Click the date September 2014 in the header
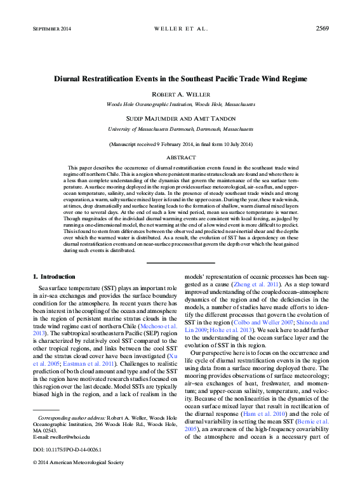coord(51,29)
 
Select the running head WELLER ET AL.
coord(180,29)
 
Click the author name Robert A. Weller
coord(180,94)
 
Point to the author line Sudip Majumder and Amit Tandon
coord(180,118)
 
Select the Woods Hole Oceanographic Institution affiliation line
coord(180,103)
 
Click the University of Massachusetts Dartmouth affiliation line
coord(180,128)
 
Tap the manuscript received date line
coord(180,144)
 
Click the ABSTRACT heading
coord(180,157)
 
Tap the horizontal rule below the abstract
coord(180,262)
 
